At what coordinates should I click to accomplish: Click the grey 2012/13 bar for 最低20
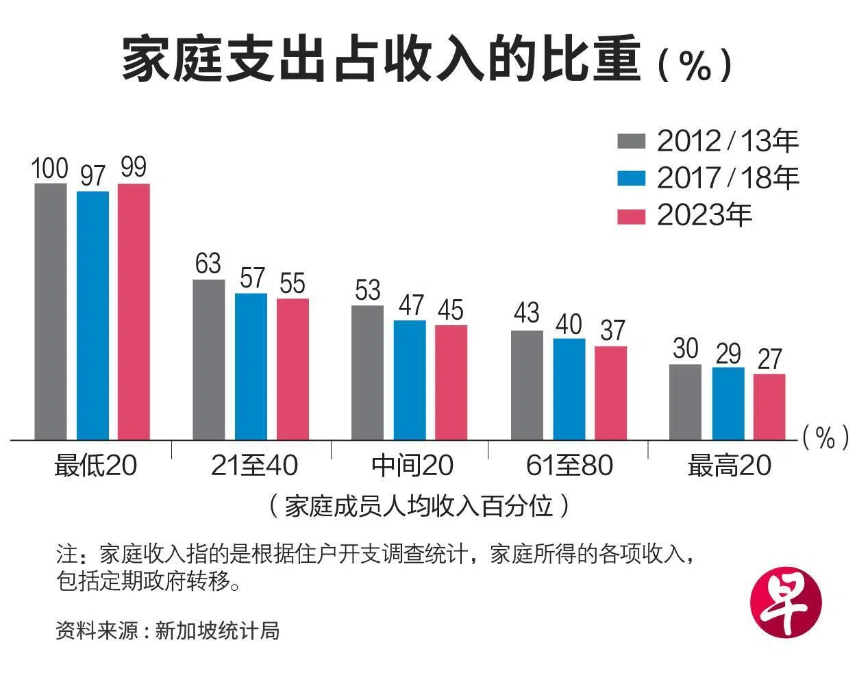coord(51,312)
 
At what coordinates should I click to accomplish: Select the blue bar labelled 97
coord(92,315)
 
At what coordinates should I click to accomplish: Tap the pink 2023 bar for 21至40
coord(293,369)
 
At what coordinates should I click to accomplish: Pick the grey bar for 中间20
coord(368,372)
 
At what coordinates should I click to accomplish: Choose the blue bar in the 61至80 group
coord(569,389)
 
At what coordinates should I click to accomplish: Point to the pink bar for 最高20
coord(769,407)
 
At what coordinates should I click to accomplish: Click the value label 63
coord(208,264)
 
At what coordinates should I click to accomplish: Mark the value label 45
coord(451,310)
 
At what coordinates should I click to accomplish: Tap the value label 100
coord(50,168)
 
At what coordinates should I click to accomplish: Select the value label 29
coord(728,353)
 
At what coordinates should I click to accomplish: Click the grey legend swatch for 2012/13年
coord(631,141)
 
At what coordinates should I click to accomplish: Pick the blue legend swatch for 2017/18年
coord(631,178)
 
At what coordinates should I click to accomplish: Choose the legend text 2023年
coord(704,215)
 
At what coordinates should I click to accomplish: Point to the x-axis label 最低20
coord(96,466)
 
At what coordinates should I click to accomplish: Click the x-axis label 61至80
coord(569,466)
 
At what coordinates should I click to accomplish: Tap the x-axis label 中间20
coord(412,466)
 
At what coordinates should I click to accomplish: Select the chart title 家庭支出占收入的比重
coord(381,60)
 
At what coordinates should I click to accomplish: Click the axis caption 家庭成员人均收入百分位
coord(419,506)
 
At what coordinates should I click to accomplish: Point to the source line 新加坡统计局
coord(217,631)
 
